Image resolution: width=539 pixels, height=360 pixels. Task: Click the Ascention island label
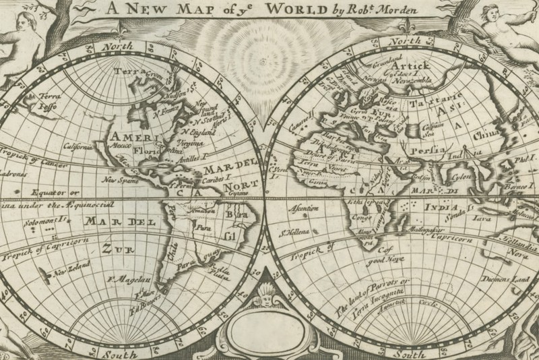[303, 208]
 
